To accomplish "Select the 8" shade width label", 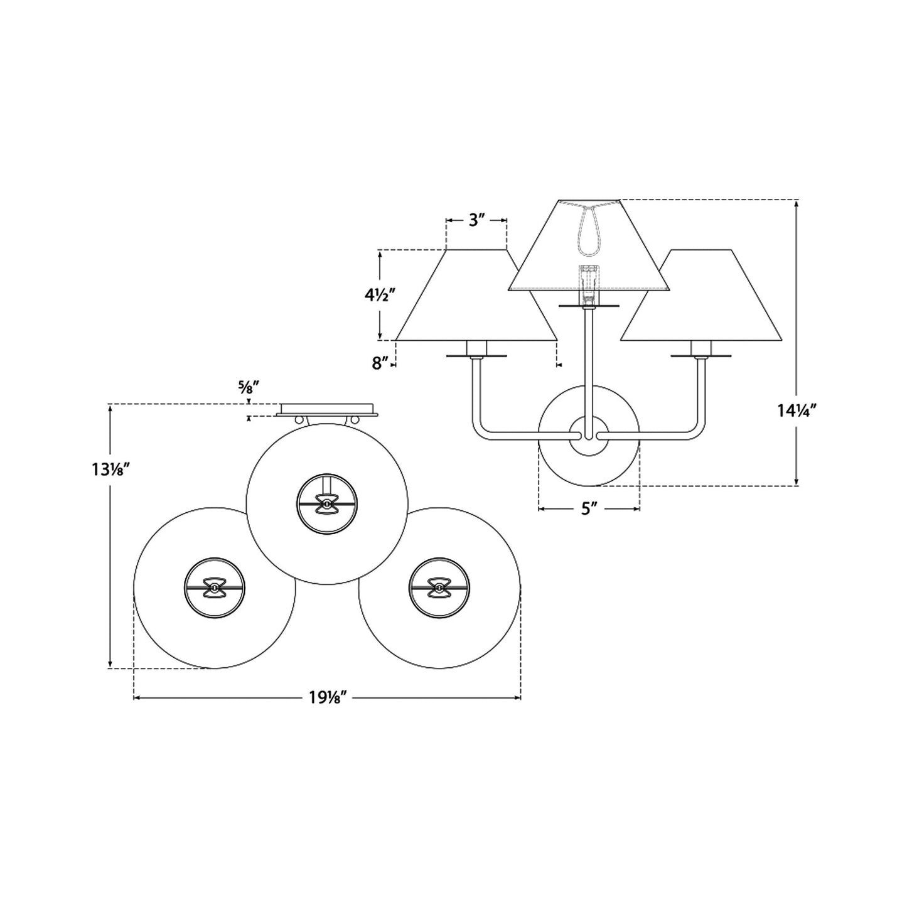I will point(380,363).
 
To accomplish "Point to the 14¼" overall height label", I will point(797,411).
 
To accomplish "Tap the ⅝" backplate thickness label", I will point(249,387).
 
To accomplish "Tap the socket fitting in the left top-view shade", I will point(215,588).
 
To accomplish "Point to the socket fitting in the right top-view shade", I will point(439,588).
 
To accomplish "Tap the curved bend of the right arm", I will point(695,430).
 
